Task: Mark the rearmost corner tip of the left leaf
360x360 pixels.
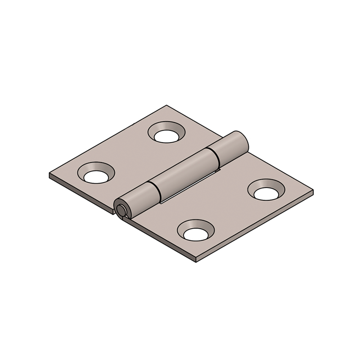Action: click(167, 106)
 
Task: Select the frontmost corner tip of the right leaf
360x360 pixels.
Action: click(197, 261)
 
